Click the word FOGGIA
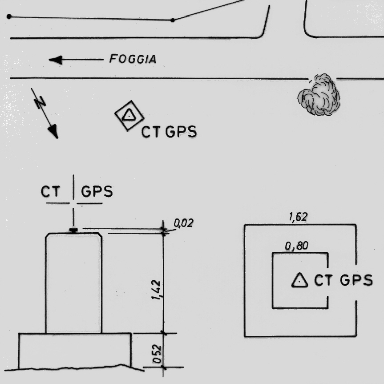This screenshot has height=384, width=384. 133,59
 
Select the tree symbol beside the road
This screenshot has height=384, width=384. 319,96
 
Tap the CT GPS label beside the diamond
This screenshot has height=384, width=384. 169,132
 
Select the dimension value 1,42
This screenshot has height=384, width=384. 157,290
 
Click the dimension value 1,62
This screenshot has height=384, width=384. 298,217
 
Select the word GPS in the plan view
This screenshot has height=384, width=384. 356,280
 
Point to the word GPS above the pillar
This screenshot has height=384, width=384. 97,192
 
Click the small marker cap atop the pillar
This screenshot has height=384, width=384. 73,230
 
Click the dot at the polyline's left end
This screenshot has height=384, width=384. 9,17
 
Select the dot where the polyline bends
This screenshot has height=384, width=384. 173,20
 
